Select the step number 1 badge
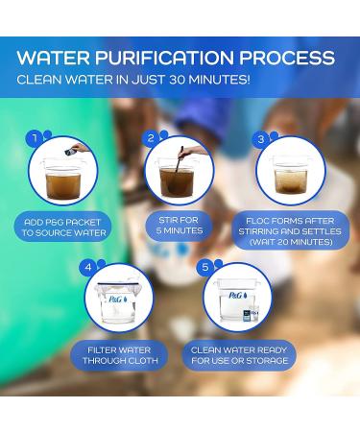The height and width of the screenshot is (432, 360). tap(36, 137)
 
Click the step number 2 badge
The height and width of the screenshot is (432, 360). tap(151, 137)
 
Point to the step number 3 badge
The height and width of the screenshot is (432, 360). tap(259, 137)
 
